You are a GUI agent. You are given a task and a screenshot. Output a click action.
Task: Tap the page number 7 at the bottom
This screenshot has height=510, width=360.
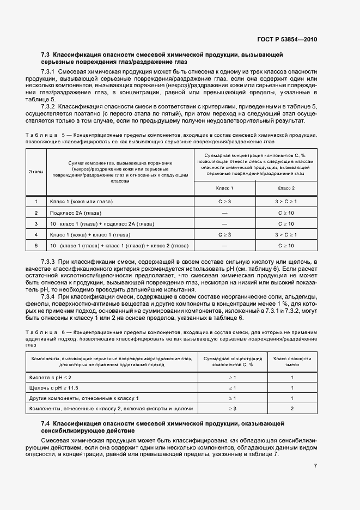[315, 465]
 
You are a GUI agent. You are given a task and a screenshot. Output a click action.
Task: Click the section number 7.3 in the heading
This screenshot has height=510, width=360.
[45, 55]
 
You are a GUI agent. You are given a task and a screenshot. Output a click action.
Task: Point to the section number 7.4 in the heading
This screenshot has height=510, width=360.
[45, 423]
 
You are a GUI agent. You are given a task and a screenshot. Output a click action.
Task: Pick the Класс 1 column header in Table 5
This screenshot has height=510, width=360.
[225, 188]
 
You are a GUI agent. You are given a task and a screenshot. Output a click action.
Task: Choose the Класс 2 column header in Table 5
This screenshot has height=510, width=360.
[286, 188]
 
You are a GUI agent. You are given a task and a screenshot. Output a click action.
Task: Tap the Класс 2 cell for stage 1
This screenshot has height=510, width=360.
[286, 202]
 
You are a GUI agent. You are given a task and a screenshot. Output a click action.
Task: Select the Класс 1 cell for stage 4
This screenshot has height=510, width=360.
[225, 234]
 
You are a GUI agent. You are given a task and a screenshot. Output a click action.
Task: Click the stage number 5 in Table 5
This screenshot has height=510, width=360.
[36, 245]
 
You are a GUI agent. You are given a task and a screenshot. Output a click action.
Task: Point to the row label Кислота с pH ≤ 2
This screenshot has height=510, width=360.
[50, 377]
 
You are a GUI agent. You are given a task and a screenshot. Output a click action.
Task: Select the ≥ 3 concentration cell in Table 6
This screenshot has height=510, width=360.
[232, 408]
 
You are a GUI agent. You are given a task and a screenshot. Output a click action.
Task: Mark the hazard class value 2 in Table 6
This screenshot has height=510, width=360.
[292, 408]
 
